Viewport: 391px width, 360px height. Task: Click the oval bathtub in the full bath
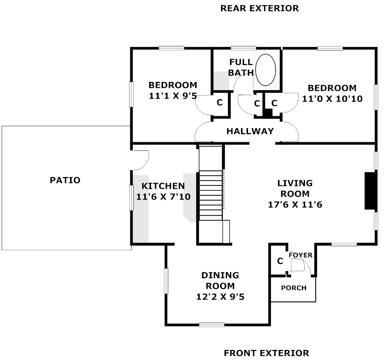[x=265, y=70]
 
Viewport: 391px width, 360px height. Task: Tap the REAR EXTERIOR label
[x=259, y=8]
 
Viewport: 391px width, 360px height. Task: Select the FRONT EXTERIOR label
[x=266, y=353]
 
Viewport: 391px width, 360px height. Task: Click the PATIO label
[x=65, y=180]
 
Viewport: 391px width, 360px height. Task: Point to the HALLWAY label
[x=250, y=131]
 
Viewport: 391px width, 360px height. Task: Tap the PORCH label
[x=294, y=288]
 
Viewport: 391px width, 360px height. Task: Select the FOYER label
[x=301, y=255]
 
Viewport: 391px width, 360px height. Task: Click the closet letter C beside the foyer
[x=280, y=261]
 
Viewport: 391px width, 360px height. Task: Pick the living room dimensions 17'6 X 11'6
[x=295, y=205]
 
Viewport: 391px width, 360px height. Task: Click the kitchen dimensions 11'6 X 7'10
[x=163, y=197]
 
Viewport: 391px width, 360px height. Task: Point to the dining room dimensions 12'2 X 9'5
[x=220, y=297]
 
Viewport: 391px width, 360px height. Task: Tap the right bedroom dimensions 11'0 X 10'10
[x=332, y=99]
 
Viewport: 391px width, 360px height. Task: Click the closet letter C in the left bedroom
[x=219, y=103]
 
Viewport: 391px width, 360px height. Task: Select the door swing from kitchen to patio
[x=141, y=160]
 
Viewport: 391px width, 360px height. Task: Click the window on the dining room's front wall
[x=212, y=324]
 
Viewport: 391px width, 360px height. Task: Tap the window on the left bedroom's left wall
[x=131, y=94]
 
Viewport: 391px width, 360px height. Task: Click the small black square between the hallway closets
[x=268, y=113]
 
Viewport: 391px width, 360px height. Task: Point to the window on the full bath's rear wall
[x=243, y=48]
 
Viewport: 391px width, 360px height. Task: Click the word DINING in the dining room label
[x=220, y=276]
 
